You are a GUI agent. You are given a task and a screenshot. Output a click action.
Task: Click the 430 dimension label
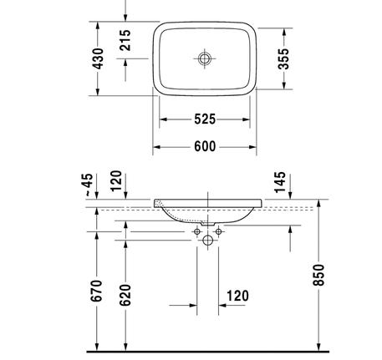(98, 60)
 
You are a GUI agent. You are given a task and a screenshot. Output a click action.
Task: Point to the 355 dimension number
(284, 59)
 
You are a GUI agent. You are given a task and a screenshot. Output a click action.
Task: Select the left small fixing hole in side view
(197, 230)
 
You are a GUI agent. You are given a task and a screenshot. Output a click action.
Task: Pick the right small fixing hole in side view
(219, 230)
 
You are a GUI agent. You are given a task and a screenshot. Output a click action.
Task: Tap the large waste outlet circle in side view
(208, 241)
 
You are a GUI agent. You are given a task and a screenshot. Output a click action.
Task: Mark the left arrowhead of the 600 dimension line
(156, 147)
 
